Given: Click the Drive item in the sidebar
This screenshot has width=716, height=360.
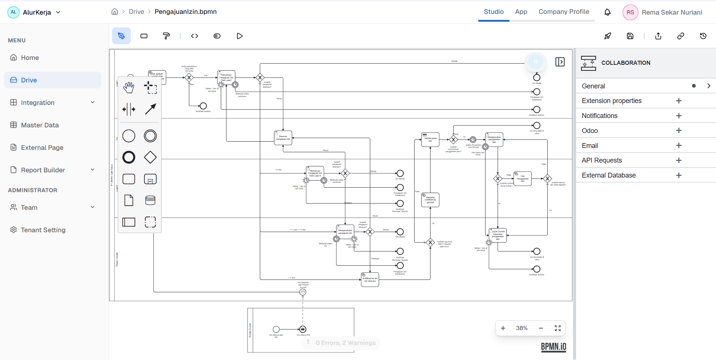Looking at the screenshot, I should [x=29, y=80].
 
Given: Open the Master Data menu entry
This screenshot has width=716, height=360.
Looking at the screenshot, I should [x=40, y=125].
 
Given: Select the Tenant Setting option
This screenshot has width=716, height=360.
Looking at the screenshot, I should [x=43, y=230].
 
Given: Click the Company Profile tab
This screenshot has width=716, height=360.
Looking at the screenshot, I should [x=563, y=12].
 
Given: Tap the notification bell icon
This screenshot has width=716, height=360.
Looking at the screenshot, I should [x=607, y=12].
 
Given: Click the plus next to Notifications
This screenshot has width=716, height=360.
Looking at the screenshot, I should [x=679, y=116].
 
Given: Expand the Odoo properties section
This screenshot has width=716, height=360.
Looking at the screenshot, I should [x=679, y=131].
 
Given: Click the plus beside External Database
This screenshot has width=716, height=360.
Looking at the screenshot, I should [x=679, y=175].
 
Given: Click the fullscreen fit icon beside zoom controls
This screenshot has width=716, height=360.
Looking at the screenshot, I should [x=557, y=328].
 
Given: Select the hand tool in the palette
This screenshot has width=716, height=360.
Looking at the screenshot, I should [x=129, y=88].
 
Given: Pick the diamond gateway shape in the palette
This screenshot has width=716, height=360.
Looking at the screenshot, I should [x=150, y=157].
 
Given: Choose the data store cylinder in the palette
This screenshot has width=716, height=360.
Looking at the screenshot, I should [x=150, y=200].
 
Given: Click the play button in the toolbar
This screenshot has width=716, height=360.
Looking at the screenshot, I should [x=240, y=36].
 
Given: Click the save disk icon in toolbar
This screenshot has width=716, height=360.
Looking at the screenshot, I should [x=630, y=36].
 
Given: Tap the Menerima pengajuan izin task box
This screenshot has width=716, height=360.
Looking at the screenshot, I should [x=283, y=138].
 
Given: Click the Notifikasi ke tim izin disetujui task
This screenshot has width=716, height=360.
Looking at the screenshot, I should [x=370, y=279].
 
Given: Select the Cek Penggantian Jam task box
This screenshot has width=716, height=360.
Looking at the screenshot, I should [x=523, y=178].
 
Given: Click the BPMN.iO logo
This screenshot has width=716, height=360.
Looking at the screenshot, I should [x=553, y=347].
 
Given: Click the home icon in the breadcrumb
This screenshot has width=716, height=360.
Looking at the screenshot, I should [x=115, y=12].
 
